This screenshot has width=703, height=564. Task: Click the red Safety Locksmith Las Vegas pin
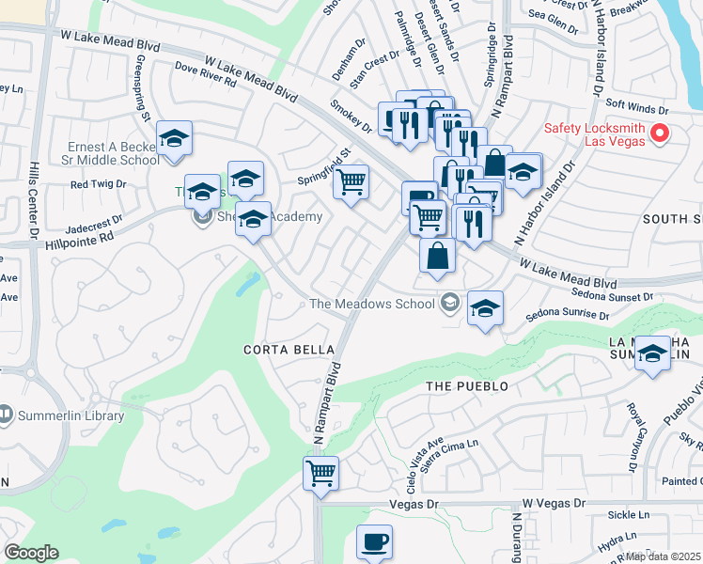[659, 133]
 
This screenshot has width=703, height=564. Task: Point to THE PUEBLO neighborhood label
[467, 386]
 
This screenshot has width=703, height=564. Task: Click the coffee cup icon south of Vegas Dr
[374, 541]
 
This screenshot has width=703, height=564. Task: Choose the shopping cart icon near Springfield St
[351, 181]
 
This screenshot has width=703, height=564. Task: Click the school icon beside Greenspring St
[174, 138]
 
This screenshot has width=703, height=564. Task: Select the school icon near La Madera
[651, 355]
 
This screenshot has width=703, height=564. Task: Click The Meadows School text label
[371, 303]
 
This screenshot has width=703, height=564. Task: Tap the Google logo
[31, 552]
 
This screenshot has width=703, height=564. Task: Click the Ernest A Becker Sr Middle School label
[115, 153]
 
